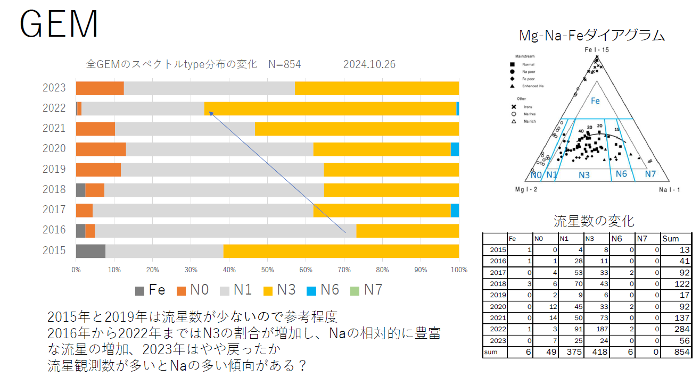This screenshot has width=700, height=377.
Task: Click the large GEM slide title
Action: (59, 24)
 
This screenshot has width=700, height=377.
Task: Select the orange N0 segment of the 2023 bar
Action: (100, 88)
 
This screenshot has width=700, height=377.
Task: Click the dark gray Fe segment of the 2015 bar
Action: (90, 250)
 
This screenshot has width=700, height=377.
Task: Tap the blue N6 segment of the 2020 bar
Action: (455, 149)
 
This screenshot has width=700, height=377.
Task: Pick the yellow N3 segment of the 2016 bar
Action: (407, 230)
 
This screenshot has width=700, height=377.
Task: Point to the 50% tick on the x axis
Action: (267, 270)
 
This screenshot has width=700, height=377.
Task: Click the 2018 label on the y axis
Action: (54, 189)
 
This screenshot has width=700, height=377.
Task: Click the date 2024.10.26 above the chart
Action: (369, 64)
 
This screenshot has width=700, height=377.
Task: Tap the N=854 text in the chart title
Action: (284, 64)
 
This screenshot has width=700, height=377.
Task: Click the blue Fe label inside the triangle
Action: (596, 100)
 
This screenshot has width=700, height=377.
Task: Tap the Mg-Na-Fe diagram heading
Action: (591, 36)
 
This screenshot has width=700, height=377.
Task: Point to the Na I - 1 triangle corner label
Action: (669, 189)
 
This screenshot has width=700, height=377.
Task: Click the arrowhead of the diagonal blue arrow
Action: (209, 112)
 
